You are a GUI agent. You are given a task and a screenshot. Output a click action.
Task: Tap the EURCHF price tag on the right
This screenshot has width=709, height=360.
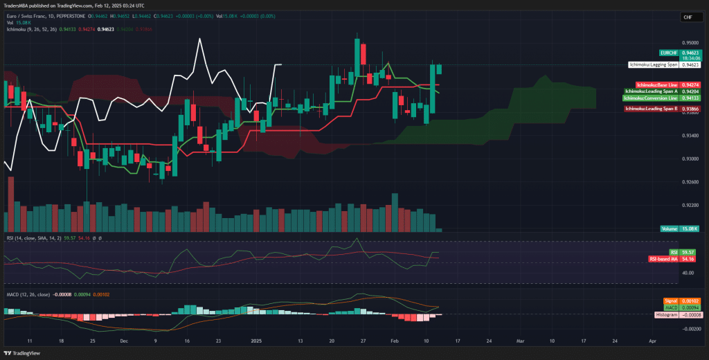tap(668, 53)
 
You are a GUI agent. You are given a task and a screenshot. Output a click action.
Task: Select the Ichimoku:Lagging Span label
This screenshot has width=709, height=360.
tap(653, 64)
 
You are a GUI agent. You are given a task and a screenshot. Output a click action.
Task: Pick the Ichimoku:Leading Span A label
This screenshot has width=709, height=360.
tap(651, 91)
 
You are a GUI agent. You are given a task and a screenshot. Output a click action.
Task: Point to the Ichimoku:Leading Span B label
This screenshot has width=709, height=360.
tap(651, 109)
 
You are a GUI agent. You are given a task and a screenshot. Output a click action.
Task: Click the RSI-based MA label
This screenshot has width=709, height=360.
tap(662, 259)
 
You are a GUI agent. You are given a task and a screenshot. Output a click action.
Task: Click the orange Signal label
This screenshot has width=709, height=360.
tap(670, 301)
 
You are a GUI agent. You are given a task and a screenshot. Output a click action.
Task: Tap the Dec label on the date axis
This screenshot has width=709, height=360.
tap(123, 341)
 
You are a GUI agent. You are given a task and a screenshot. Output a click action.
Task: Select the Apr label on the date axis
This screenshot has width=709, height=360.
tap(652, 341)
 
